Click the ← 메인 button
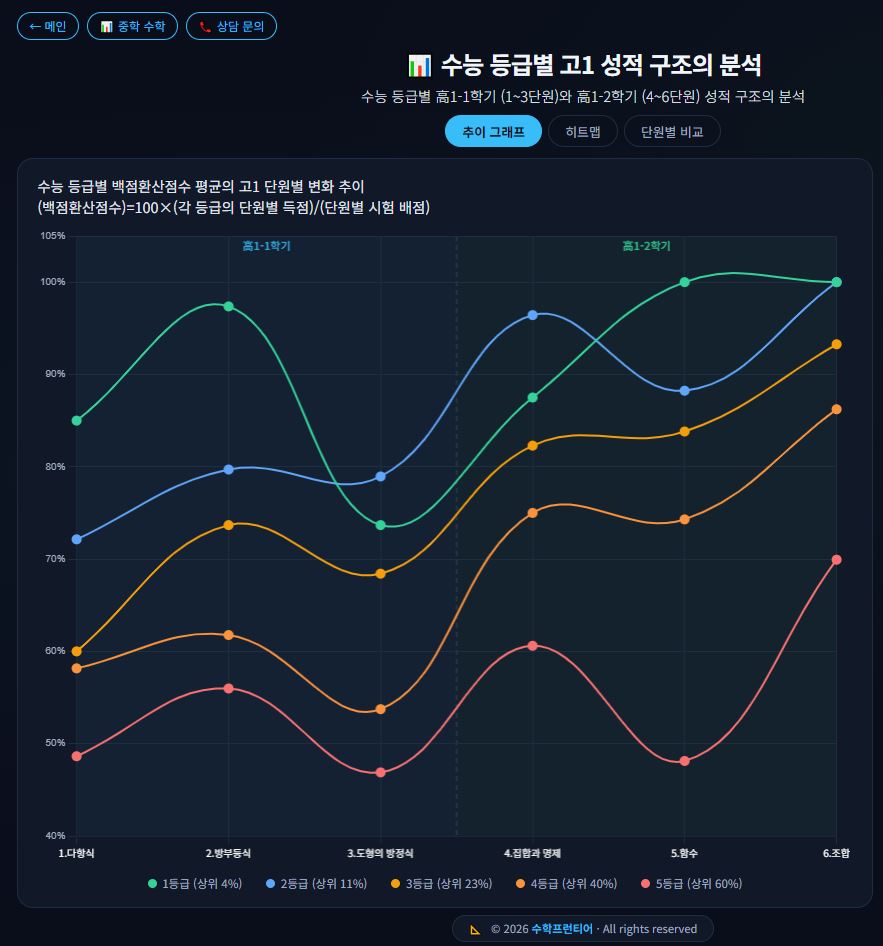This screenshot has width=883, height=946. pyautogui.click(x=47, y=27)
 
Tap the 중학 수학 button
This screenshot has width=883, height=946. pyautogui.click(x=132, y=27)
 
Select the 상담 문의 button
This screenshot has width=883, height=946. pyautogui.click(x=231, y=27)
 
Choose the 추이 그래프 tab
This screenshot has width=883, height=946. pyautogui.click(x=493, y=131)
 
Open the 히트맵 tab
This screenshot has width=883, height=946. pyautogui.click(x=583, y=131)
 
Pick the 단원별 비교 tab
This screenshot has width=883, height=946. pyautogui.click(x=672, y=131)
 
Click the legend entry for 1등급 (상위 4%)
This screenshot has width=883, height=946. pyautogui.click(x=195, y=883)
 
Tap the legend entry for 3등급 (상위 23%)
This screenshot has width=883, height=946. pyautogui.click(x=441, y=883)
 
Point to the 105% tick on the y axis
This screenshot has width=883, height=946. pyautogui.click(x=53, y=236)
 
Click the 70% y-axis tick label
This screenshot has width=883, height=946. pyautogui.click(x=53, y=559)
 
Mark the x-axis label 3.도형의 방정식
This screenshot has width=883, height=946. pyautogui.click(x=380, y=853)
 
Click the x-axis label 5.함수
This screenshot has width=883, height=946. pyautogui.click(x=684, y=853)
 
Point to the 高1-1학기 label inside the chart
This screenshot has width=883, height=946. pyautogui.click(x=266, y=246)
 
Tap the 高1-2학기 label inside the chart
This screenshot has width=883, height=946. pyautogui.click(x=646, y=246)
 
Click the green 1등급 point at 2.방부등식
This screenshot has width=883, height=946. pyautogui.click(x=229, y=306)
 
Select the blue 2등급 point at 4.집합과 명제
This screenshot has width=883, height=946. pyautogui.click(x=533, y=315)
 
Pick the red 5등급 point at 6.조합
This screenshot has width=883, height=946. pyautogui.click(x=836, y=560)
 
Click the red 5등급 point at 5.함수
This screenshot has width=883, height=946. pyautogui.click(x=684, y=761)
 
